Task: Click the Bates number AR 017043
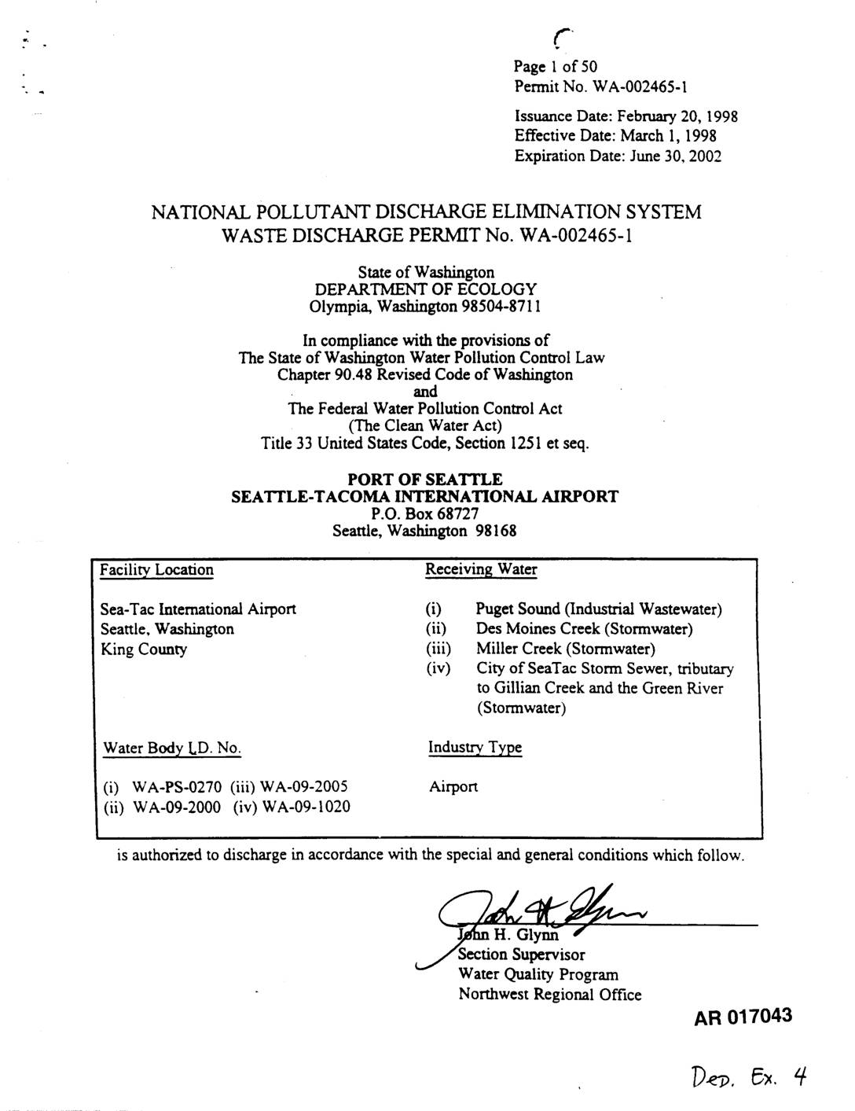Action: [x=743, y=1017]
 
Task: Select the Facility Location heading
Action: [x=156, y=570]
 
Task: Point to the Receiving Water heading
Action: [x=481, y=569]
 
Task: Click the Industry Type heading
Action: [x=475, y=747]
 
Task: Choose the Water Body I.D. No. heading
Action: [x=172, y=748]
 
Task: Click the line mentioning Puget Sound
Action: [x=599, y=609]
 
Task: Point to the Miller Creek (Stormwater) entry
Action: [x=565, y=649]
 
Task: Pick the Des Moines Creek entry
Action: [x=584, y=629]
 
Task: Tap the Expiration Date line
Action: [x=618, y=156]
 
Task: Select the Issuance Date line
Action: [x=626, y=117]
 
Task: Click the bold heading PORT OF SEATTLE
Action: [x=425, y=479]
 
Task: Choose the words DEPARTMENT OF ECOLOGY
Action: [x=425, y=289]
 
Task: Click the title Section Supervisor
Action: [x=522, y=955]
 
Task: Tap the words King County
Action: [x=144, y=649]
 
